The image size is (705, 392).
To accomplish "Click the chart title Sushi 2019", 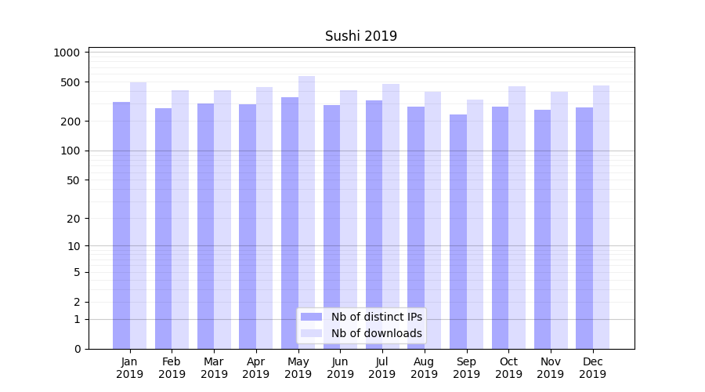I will pos(361,36).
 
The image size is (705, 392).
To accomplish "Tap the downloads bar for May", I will pos(306,212).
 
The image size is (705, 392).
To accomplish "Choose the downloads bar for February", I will pos(180,219).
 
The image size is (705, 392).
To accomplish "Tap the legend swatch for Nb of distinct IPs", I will pos(312,317).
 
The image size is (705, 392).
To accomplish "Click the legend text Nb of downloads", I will pos(376,333).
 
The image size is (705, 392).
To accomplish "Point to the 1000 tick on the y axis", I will pos(67,53).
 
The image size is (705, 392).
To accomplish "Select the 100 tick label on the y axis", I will pos(70,151).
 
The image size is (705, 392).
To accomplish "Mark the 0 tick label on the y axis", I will pos(77,349).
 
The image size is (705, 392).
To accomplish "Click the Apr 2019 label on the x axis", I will pos(256,368).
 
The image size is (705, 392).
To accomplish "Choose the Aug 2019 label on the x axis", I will pos(425,368).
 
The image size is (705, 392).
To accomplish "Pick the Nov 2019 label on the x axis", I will pos(551,368).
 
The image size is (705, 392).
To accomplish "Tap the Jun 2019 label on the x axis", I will pos(340,368).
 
